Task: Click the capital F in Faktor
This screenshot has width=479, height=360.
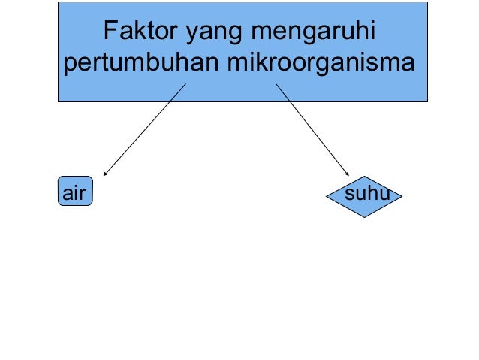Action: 110,33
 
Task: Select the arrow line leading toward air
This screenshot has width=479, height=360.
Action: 144,130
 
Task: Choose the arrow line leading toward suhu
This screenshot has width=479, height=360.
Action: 312,129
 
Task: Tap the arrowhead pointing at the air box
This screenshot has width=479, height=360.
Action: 105,174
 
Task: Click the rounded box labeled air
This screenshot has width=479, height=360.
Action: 75,192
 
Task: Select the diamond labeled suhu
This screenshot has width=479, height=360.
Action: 364,198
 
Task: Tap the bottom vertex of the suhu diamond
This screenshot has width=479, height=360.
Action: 364,218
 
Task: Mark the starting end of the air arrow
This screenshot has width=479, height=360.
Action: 185,83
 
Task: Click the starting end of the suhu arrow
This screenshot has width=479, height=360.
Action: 276,83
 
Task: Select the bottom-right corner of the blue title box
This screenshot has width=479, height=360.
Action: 427,101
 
